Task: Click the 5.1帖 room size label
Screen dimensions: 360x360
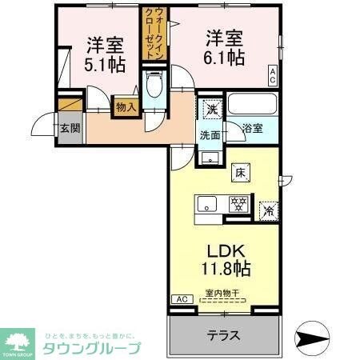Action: (103, 65)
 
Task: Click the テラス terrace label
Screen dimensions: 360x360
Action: (225, 334)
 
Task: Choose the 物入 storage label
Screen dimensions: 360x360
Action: (126, 105)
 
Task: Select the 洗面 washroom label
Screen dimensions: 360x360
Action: (210, 134)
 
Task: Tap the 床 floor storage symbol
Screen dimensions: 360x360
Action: (240, 170)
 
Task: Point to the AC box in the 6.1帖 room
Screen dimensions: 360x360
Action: (272, 78)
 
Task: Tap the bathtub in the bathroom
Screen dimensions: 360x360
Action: (252, 104)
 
